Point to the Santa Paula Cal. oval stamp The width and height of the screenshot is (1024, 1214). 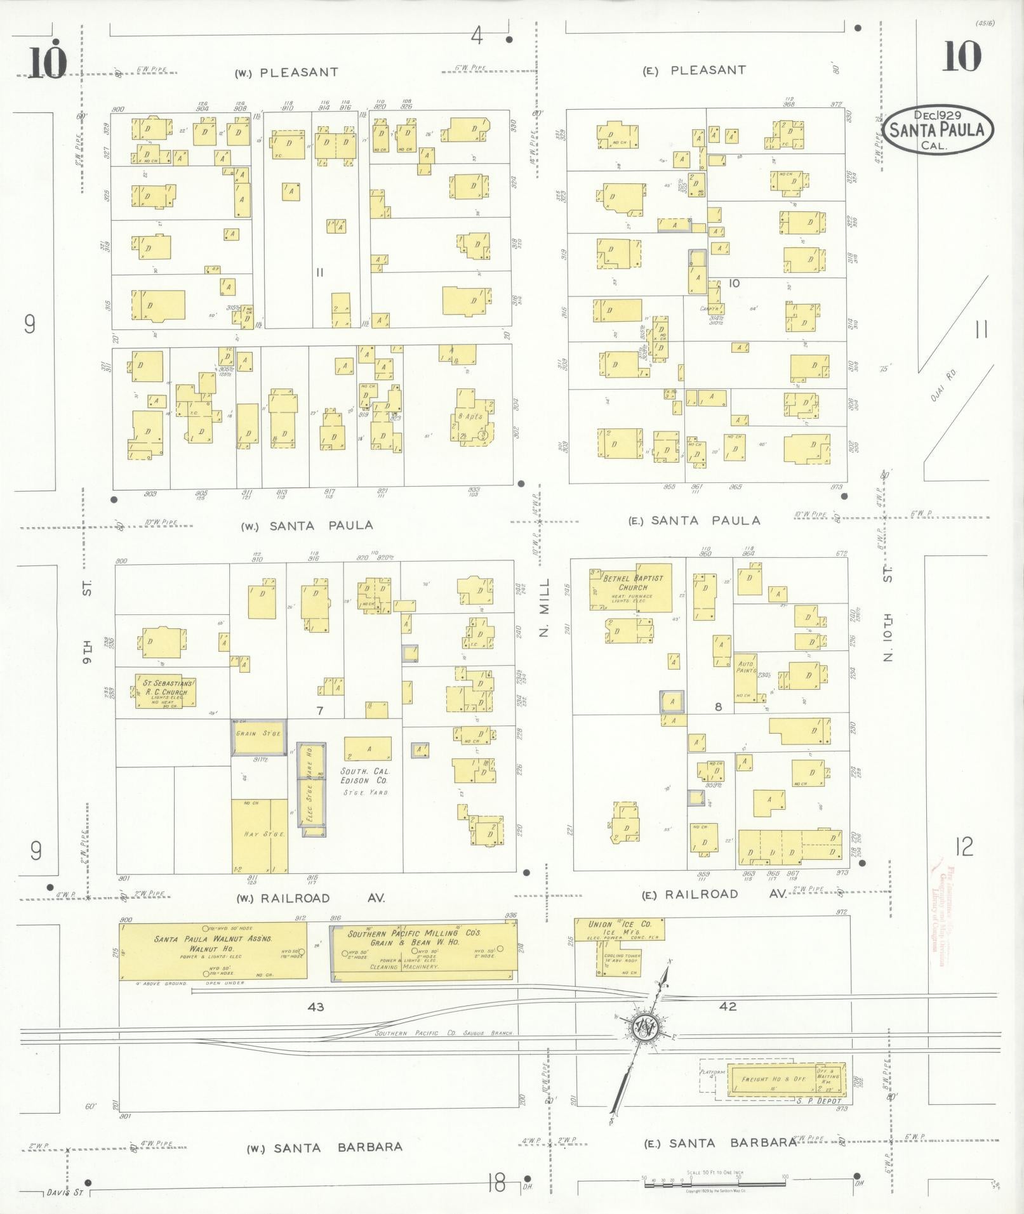[x=938, y=129]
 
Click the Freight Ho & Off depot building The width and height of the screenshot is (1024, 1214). [x=786, y=1079]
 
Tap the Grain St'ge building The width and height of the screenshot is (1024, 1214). [x=258, y=737]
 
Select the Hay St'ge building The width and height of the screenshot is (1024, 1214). [x=259, y=836]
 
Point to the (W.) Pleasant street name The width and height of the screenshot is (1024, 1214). [x=287, y=72]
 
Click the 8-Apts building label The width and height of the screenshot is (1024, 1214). [x=470, y=417]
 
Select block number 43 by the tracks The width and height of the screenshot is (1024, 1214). [x=316, y=1007]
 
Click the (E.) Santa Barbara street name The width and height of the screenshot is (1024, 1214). [x=721, y=1143]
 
